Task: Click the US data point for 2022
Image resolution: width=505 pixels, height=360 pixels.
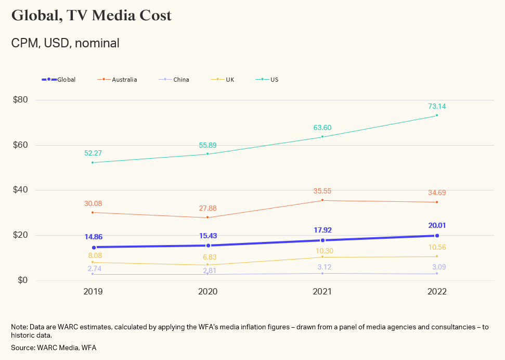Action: click(437, 115)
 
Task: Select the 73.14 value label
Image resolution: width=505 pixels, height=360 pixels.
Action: click(437, 106)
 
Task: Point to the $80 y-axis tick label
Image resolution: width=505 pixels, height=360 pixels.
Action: click(20, 100)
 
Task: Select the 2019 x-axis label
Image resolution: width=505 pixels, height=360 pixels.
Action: click(93, 292)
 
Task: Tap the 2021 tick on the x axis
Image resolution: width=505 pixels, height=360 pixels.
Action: click(322, 292)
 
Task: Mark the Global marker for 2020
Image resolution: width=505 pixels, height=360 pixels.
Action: click(208, 246)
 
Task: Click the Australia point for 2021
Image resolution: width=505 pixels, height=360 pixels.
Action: click(322, 200)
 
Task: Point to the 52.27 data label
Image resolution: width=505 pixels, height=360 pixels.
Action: click(93, 153)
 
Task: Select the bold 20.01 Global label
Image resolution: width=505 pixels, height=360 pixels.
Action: click(437, 226)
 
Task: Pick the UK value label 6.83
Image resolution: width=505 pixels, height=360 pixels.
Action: click(208, 258)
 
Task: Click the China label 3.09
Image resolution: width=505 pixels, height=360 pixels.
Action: click(437, 267)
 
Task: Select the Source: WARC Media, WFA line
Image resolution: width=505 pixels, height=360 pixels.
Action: click(54, 348)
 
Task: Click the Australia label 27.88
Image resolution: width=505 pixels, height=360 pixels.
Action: click(208, 208)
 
